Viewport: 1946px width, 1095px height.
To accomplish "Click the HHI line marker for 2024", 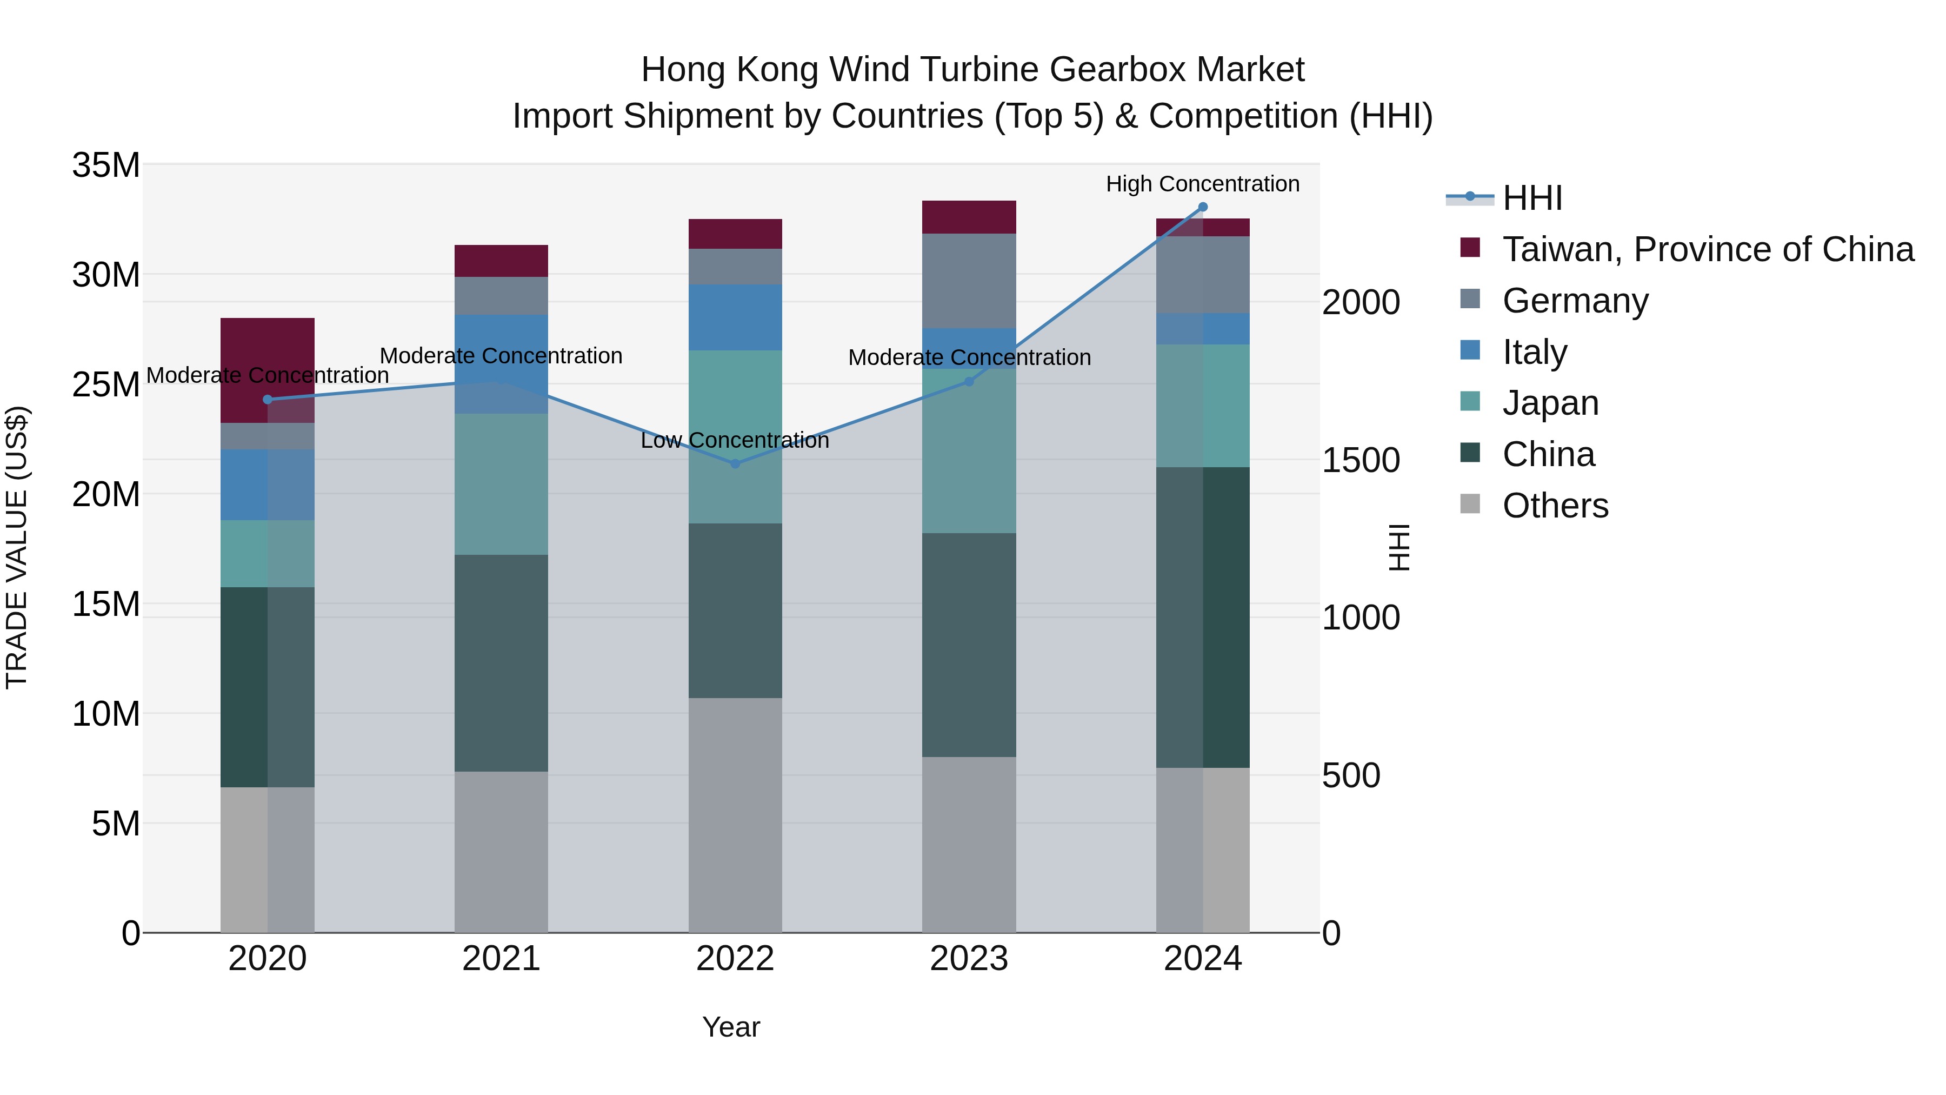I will [x=1203, y=207].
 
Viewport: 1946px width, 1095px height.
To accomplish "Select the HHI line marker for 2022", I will [x=735, y=463].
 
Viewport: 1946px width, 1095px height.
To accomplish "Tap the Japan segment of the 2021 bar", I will [x=501, y=483].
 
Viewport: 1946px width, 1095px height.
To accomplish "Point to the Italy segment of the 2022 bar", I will [x=735, y=317].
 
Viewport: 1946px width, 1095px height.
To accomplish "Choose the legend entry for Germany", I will [x=1575, y=301].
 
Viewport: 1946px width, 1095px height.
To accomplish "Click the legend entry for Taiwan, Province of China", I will [x=1707, y=249].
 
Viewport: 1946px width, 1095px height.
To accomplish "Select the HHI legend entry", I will [x=1531, y=198].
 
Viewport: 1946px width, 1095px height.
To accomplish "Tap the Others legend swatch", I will [x=1470, y=504].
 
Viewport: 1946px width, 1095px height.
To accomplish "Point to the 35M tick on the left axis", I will [x=106, y=165].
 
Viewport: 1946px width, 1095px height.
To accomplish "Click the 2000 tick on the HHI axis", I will [x=1361, y=302].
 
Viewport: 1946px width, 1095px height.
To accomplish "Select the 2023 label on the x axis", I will [x=969, y=959].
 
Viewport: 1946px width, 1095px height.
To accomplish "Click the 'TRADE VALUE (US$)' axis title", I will [x=17, y=547].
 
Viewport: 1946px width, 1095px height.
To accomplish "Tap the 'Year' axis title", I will [x=730, y=1027].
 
